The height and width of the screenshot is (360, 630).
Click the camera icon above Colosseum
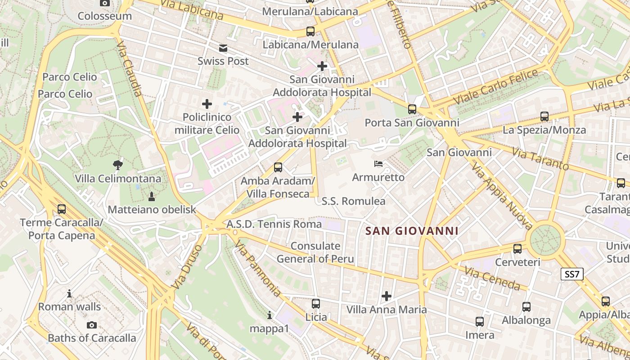coord(104,3)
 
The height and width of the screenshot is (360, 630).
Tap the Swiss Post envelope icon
coord(223,48)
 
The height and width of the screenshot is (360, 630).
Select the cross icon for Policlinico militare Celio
coord(207,104)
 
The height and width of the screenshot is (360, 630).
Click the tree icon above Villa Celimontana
coord(118,165)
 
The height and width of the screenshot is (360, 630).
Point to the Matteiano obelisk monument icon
coord(152,196)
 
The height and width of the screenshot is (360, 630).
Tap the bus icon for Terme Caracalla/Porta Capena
coord(62,209)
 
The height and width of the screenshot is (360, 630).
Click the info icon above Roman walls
coord(69,294)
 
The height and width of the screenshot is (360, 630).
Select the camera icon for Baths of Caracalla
coord(92,325)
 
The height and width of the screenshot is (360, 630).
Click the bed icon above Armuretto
coord(379,164)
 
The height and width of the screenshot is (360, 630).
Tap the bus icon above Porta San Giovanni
coord(412,109)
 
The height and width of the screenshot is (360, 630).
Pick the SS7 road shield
coord(572,274)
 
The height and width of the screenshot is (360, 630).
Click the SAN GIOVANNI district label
coord(412,231)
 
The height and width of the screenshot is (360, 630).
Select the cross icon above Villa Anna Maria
coord(387,296)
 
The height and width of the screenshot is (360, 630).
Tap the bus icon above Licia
coord(316,304)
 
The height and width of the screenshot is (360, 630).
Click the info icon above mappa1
coord(270,315)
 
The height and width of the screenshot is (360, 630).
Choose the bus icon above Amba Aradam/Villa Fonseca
coord(278,167)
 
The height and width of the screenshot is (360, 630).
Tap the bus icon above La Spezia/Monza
coord(544,117)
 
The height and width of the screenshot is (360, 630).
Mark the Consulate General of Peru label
coord(315,252)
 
